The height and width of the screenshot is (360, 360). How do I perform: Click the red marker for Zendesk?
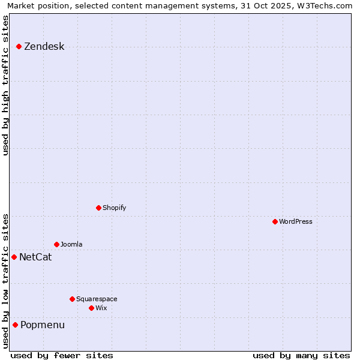pyautogui.click(x=19, y=46)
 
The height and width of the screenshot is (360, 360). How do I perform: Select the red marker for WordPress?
pyautogui.click(x=275, y=221)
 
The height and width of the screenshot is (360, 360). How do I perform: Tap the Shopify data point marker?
pyautogui.click(x=98, y=208)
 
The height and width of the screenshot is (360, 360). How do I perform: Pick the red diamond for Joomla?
pyautogui.click(x=56, y=244)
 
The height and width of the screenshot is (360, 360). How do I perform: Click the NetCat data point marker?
pyautogui.click(x=14, y=257)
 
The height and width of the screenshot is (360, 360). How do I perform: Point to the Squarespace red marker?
pyautogui.click(x=72, y=299)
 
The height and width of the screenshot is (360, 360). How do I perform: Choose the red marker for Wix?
pyautogui.click(x=91, y=308)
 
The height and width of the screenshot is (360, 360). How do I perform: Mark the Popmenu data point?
pyautogui.click(x=15, y=325)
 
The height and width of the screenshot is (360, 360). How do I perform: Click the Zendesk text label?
pyautogui.click(x=44, y=47)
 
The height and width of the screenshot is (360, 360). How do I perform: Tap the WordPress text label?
pyautogui.click(x=296, y=221)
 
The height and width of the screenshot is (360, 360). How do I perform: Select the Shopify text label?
pyautogui.click(x=114, y=208)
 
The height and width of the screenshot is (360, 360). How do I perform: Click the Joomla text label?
pyautogui.click(x=71, y=244)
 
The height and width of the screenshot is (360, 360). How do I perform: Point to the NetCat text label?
pyautogui.click(x=35, y=257)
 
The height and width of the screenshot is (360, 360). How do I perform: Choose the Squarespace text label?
pyautogui.click(x=97, y=299)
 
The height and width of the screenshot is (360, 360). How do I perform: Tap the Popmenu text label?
pyautogui.click(x=43, y=325)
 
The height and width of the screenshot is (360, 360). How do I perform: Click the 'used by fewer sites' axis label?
pyautogui.click(x=62, y=355)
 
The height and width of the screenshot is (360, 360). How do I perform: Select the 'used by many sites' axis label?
pyautogui.click(x=301, y=355)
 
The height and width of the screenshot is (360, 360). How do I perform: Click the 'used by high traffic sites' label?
pyautogui.click(x=6, y=86)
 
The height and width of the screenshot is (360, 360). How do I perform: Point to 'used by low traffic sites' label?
pyautogui.click(x=6, y=281)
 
